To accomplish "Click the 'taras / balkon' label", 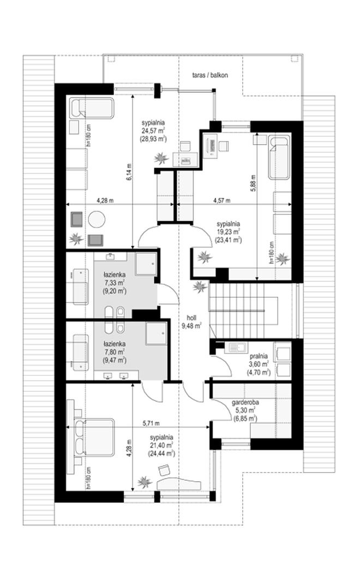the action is tap(210, 75).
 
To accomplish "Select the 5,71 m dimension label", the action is tap(152, 423).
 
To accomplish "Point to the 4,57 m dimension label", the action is tap(222, 200).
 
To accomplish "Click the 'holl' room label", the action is tap(191, 318).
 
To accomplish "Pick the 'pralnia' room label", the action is tap(259, 357).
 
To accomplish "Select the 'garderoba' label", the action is tap(245, 403).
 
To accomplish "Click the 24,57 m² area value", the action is tap(153, 130).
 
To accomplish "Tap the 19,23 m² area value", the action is tap(229, 231).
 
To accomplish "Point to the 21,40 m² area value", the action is tap(161, 445).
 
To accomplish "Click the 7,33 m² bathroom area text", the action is tap(115, 283).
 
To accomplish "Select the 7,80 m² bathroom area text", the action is tap(115, 352).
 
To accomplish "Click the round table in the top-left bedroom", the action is tap(97, 219).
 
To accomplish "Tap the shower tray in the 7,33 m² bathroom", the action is tap(146, 264).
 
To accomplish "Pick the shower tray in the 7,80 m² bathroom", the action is tap(156, 333).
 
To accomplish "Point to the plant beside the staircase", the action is tap(200, 286).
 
